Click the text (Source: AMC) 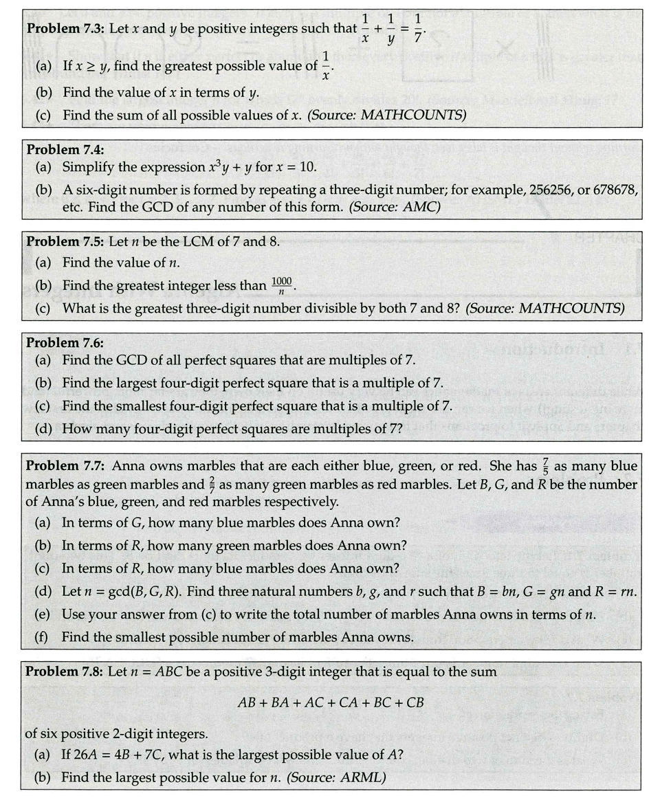pyautogui.click(x=394, y=206)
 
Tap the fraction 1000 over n pyautogui.click(x=282, y=285)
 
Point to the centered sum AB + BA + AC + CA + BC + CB pyautogui.click(x=330, y=702)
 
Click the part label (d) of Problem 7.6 pyautogui.click(x=43, y=429)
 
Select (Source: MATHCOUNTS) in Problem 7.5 pyautogui.click(x=545, y=308)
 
